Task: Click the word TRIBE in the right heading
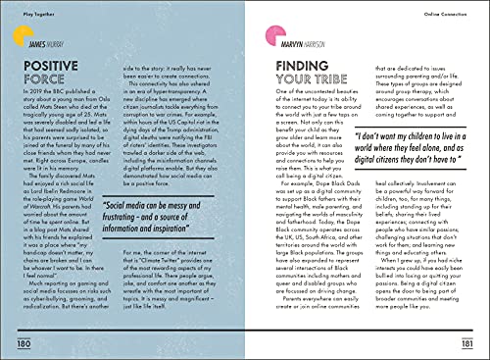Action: [x=330, y=78]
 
